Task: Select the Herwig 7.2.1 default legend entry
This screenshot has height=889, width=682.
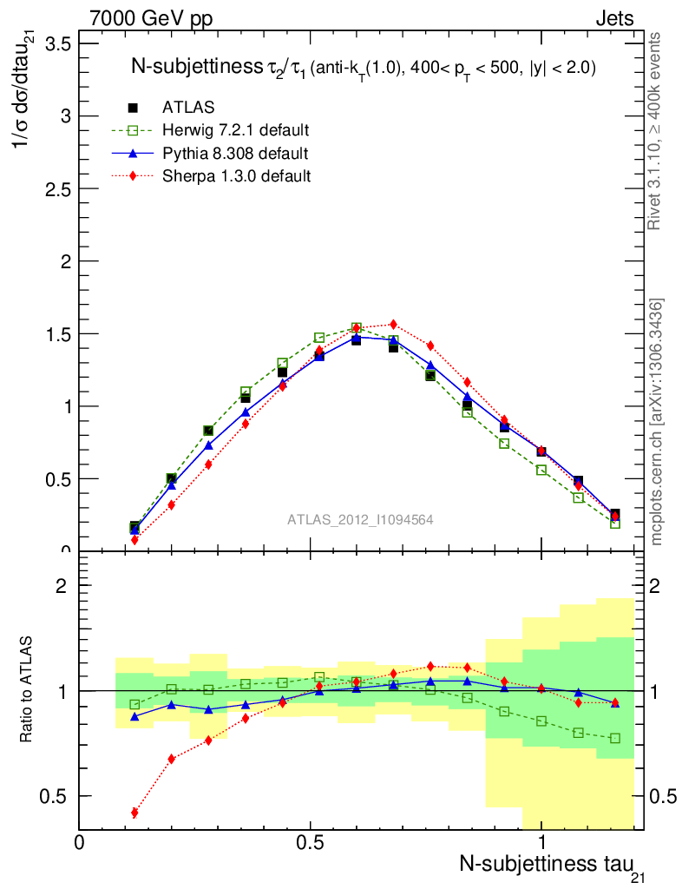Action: coord(235,131)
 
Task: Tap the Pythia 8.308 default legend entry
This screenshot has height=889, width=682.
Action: coord(234,154)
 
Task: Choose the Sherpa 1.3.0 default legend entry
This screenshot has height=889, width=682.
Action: coord(236,176)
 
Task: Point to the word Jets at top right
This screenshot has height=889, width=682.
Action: coord(613,18)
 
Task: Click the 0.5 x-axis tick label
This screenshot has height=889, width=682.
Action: coord(310,842)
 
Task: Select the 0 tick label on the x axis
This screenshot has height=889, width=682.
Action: coord(80,842)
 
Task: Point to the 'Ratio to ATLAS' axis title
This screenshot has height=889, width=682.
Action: coord(29,691)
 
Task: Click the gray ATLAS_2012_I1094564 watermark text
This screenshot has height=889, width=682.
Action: coord(360,519)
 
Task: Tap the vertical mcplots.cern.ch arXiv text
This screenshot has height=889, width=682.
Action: coord(657,421)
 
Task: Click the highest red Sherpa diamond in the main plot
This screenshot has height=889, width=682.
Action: coord(393,324)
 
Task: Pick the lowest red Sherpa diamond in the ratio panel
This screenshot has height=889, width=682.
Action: coord(134,813)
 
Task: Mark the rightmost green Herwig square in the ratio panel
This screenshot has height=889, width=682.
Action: coord(615,738)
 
